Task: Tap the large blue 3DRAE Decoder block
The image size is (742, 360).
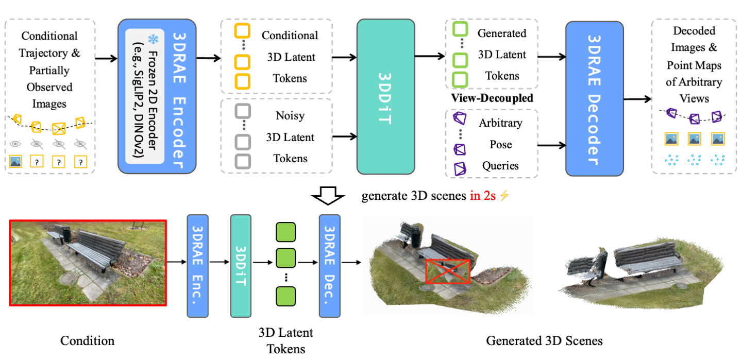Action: [594, 96]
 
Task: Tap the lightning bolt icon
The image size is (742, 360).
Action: [504, 196]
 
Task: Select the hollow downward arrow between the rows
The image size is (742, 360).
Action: [328, 196]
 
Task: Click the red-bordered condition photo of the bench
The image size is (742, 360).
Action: [88, 263]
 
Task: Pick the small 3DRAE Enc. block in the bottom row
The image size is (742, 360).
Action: [197, 265]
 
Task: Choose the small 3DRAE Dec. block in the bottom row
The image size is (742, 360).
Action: [330, 265]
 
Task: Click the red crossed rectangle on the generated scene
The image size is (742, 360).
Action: [448, 271]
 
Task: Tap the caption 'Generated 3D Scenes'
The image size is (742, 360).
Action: [544, 341]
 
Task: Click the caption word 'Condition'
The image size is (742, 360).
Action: [87, 341]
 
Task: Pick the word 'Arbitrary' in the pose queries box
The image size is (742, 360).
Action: [500, 123]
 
